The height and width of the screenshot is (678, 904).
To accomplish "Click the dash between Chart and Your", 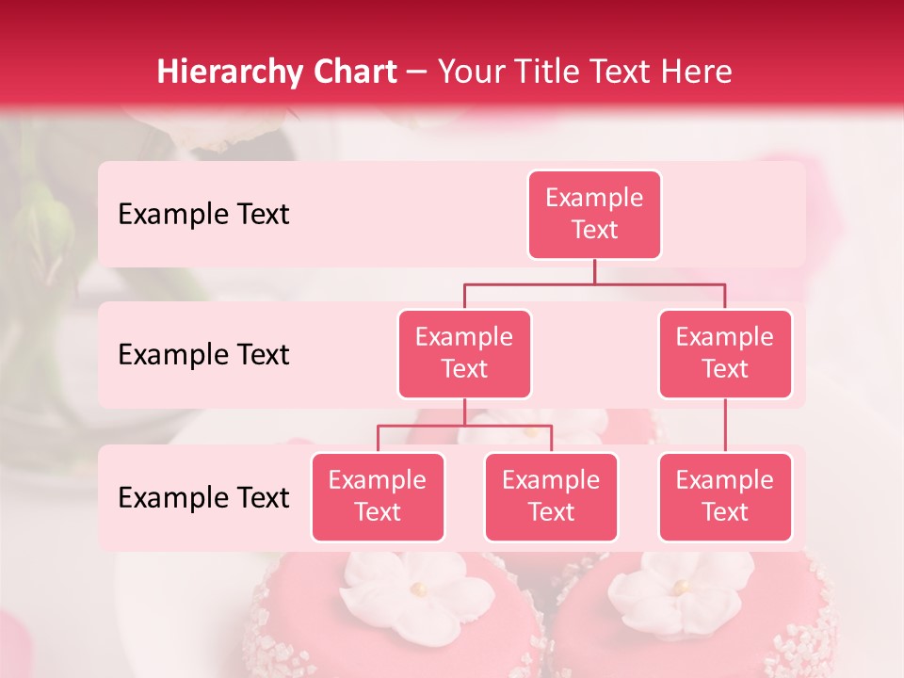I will pyautogui.click(x=416, y=73).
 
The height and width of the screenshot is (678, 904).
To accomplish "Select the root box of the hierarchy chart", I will pyautogui.click(x=594, y=215).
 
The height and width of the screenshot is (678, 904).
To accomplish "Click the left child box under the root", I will pyautogui.click(x=464, y=354).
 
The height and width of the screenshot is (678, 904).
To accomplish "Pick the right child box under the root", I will pyautogui.click(x=725, y=354).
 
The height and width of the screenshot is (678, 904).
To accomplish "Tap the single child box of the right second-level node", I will pyautogui.click(x=725, y=497).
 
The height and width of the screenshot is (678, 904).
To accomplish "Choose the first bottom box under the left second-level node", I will pyautogui.click(x=378, y=497).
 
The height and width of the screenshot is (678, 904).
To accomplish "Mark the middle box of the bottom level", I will pyautogui.click(x=551, y=497).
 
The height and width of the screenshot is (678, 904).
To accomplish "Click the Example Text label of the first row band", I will pyautogui.click(x=203, y=215).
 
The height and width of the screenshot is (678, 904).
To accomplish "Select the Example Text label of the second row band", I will pyautogui.click(x=203, y=355).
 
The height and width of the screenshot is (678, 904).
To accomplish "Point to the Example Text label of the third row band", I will pyautogui.click(x=203, y=498).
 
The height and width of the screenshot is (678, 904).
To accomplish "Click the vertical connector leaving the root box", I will pyautogui.click(x=594, y=271).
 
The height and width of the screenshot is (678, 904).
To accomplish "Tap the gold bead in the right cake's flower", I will pyautogui.click(x=678, y=588).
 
